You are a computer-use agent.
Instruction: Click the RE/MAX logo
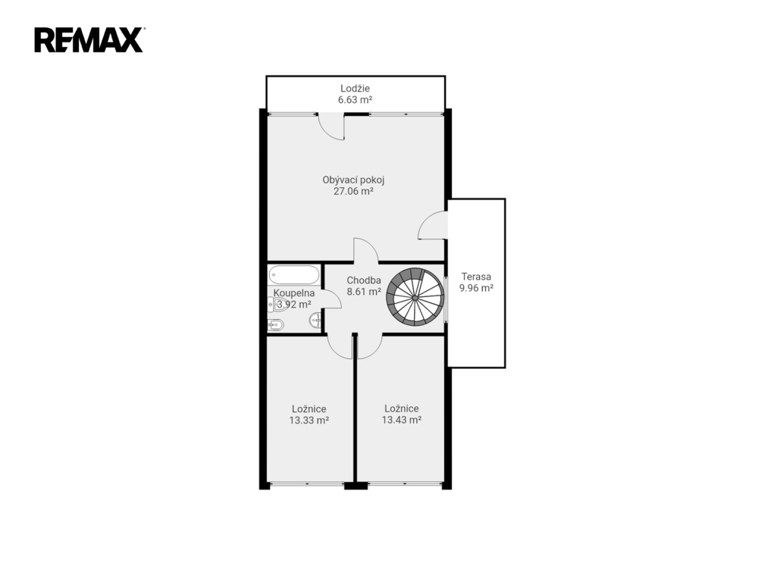coord(89,40)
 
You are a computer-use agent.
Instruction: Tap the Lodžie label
coord(355,89)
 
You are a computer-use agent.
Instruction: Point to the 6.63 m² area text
coord(355,100)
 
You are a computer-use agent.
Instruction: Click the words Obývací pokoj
coord(353,180)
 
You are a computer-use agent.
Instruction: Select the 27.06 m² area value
coord(353,191)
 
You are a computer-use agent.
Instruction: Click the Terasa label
coord(476,277)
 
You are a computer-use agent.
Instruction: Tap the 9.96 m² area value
coord(476,288)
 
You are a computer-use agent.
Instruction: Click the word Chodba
coord(364,280)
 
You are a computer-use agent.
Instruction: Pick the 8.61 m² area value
coord(364,292)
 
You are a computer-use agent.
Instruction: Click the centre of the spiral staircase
coord(415,297)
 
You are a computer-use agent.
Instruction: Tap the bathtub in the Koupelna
coord(294,275)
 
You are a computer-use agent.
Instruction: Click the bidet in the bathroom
coord(275,324)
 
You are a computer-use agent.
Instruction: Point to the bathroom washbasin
coord(315,321)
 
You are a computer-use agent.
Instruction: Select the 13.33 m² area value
coord(309,421)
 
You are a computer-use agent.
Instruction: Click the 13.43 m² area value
coord(402,421)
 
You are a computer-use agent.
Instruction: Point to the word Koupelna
coord(294,293)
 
